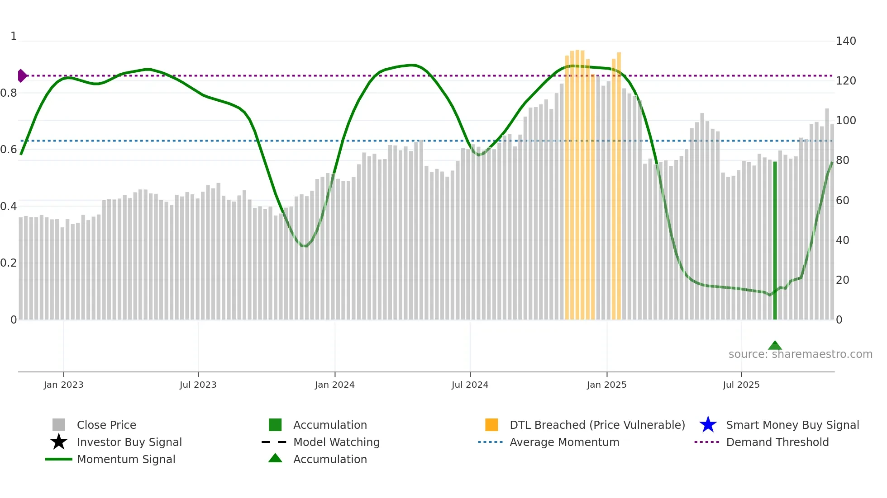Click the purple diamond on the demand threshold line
coord(22,75)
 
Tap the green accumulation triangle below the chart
coord(775,346)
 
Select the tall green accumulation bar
coord(775,240)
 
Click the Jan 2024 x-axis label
coord(334,385)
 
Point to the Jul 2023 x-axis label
coord(198,385)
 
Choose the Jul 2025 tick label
coord(741,385)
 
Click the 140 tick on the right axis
coord(845,41)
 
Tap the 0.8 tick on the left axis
coord(8,93)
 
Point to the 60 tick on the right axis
coord(842,201)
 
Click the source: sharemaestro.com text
coord(800,354)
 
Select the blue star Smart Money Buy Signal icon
coord(708,425)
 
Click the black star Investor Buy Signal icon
coord(59,442)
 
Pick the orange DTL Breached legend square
coord(491,425)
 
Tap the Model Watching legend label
coord(336,442)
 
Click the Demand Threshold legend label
coord(777,442)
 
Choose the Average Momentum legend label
coord(564,442)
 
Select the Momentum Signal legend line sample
coord(59,459)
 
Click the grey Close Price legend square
coord(59,425)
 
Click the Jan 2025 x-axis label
coord(606,385)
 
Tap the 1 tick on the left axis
coord(14,36)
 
